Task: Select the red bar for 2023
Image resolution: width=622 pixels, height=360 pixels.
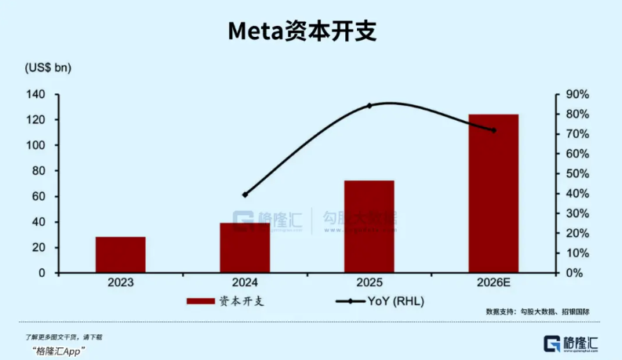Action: [121, 254]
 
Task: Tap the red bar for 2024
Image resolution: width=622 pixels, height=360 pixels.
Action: [245, 248]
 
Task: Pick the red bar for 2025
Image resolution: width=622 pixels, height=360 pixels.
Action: [369, 227]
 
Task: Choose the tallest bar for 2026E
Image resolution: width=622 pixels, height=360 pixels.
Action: [493, 193]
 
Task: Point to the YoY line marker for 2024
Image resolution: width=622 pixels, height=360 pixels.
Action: [245, 195]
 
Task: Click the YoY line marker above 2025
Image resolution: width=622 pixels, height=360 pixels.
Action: [369, 105]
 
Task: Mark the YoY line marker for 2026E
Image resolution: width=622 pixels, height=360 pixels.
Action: [493, 130]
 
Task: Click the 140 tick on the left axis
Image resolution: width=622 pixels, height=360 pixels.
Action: [36, 95]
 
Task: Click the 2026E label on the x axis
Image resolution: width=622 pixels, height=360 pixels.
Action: [493, 282]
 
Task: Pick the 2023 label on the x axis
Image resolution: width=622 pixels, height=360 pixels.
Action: [121, 282]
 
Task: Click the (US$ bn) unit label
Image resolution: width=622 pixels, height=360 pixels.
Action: [48, 68]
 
